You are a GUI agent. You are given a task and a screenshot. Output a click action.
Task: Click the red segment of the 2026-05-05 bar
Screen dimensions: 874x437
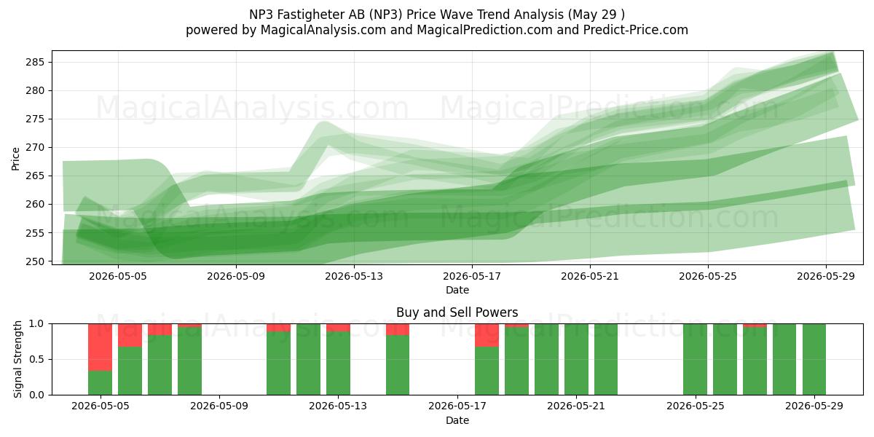tap(101, 347)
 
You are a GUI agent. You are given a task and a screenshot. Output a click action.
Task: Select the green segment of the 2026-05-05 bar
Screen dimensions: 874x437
tap(101, 382)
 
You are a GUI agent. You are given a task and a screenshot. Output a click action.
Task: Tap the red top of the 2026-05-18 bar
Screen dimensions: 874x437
tap(487, 335)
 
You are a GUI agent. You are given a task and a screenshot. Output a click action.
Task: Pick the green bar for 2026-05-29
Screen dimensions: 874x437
tap(814, 359)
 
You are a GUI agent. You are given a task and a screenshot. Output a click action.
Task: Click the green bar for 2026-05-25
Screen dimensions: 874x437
tap(696, 359)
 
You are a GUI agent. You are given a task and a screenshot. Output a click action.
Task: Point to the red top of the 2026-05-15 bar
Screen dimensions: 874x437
tap(398, 329)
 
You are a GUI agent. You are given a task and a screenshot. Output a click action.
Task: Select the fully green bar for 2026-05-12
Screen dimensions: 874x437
tap(308, 359)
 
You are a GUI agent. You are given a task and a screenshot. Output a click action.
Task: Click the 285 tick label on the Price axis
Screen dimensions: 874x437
tap(35, 62)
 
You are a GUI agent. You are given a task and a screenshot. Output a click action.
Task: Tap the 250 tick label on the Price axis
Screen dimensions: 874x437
tap(35, 261)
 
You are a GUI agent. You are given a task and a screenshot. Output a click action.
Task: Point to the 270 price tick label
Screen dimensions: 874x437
tap(35, 147)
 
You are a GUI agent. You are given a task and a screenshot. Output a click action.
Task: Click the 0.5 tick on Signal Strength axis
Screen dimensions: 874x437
tap(36, 359)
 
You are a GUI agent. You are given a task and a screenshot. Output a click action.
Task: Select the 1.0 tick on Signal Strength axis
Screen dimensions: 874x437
tap(36, 324)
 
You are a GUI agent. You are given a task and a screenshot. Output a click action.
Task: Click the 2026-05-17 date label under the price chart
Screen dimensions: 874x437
tap(472, 276)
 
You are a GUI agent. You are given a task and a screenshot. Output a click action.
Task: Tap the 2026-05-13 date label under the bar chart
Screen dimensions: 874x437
tap(338, 406)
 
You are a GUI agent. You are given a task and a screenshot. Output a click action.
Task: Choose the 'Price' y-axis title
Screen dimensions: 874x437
tap(15, 159)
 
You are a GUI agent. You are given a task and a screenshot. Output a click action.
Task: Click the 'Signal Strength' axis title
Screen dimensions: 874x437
tap(17, 359)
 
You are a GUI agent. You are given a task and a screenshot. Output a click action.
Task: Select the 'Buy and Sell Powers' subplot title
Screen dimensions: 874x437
tap(457, 312)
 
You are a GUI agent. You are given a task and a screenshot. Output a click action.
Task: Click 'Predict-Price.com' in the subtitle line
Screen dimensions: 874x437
tap(636, 30)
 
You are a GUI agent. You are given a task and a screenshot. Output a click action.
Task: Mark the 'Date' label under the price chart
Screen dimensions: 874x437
tap(457, 290)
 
